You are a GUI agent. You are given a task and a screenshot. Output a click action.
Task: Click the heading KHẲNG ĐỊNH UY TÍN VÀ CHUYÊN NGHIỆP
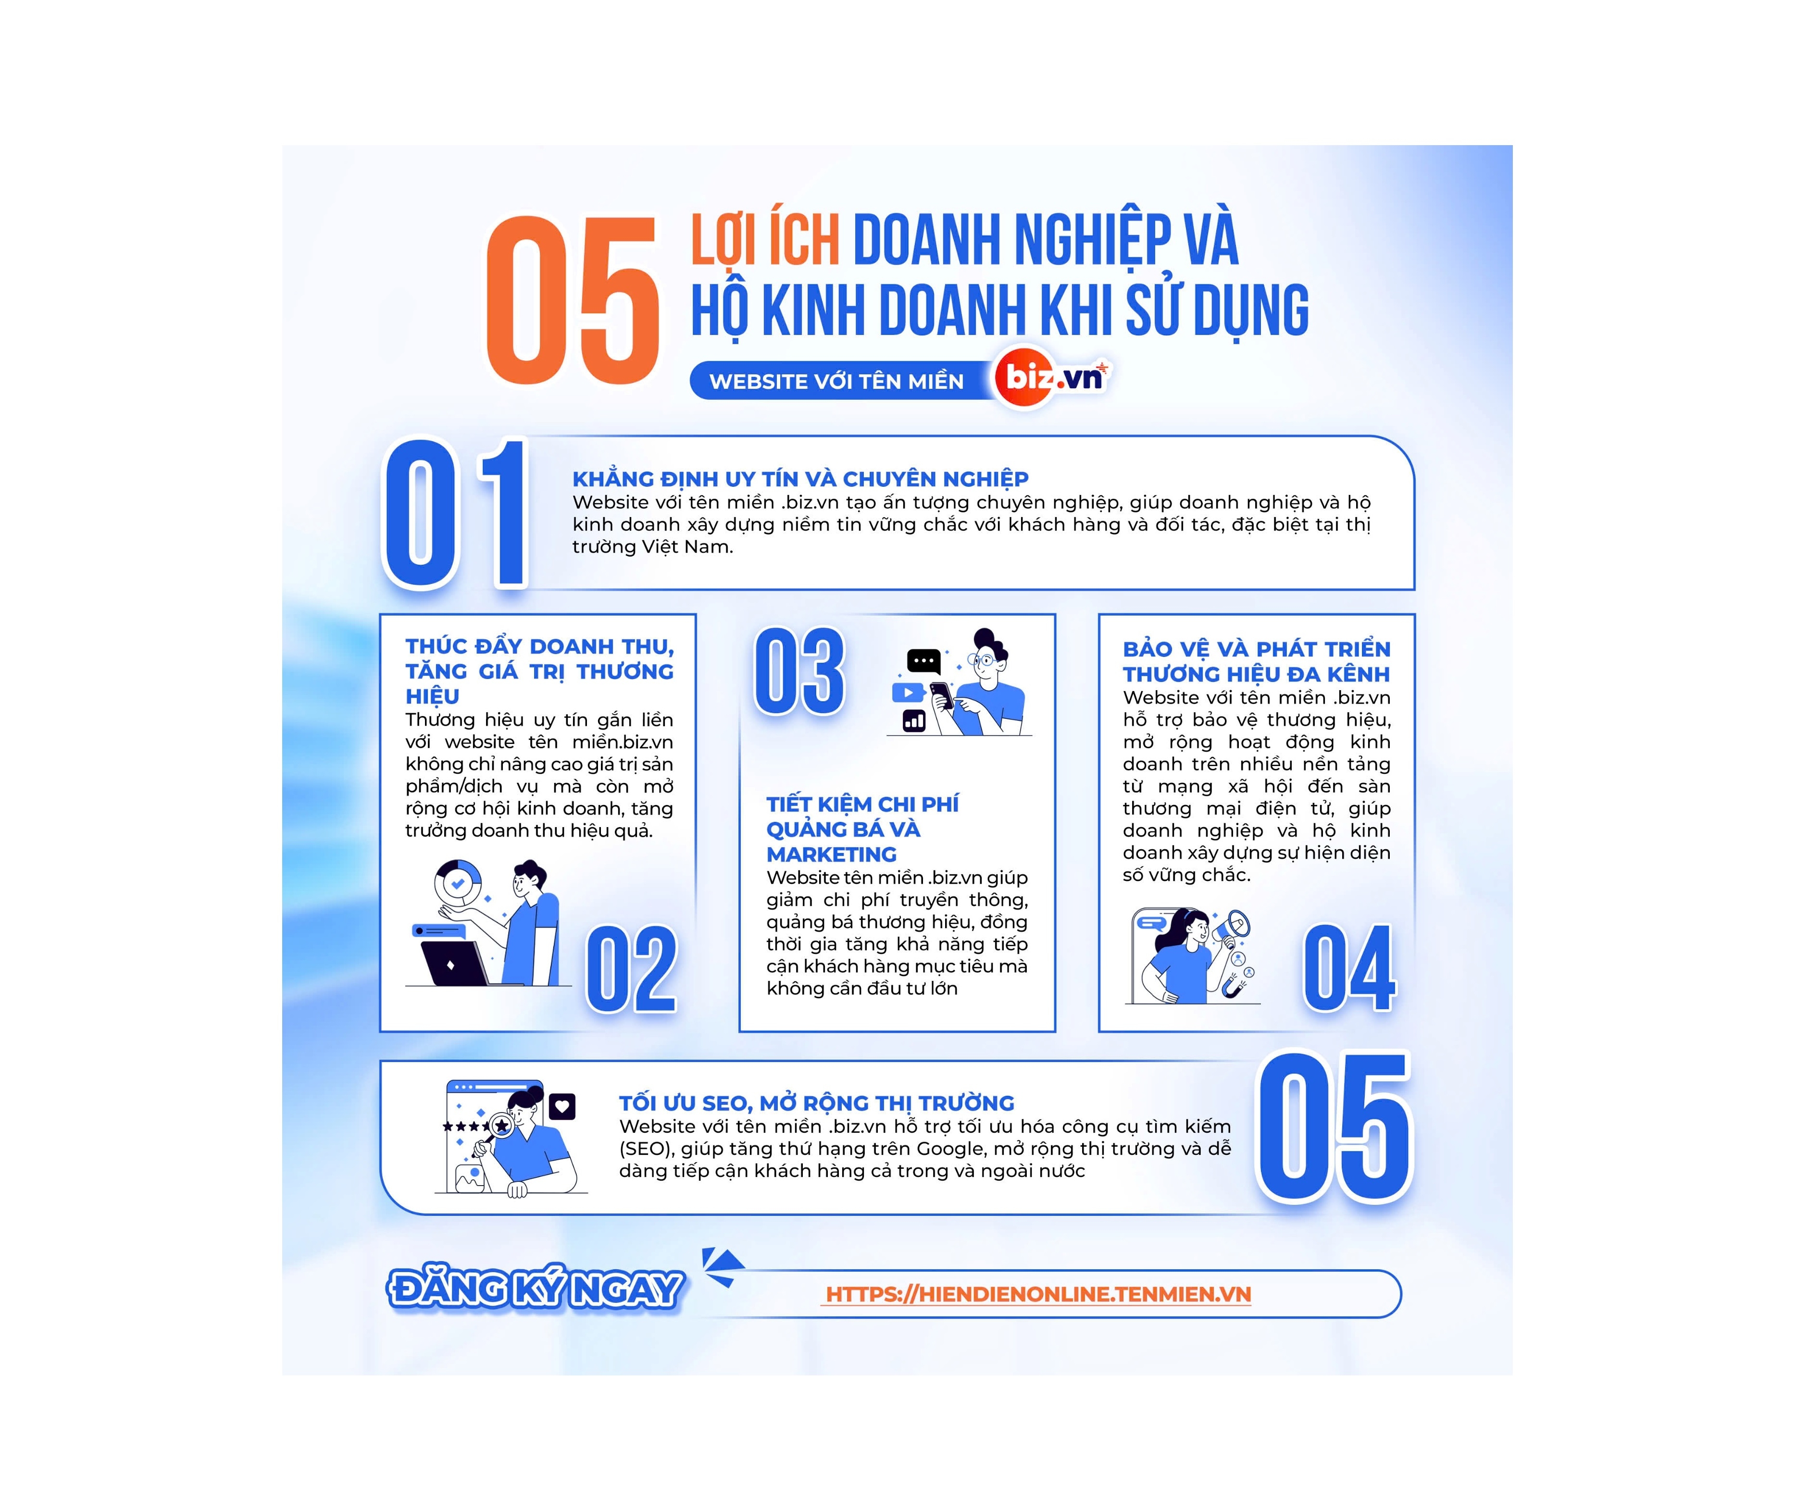800,479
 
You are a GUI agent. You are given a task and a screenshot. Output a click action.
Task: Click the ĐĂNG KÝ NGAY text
536,1289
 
